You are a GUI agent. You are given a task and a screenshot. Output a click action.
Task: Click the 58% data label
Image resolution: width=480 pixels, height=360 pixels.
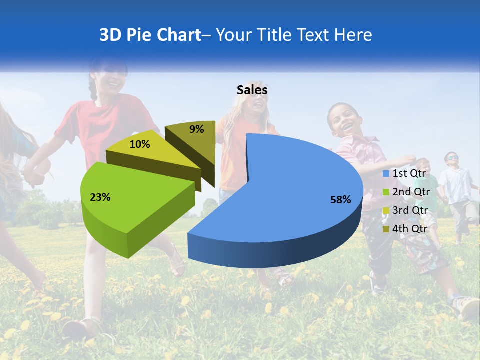click(340, 200)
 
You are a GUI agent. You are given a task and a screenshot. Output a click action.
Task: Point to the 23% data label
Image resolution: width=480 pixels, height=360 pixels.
click(100, 197)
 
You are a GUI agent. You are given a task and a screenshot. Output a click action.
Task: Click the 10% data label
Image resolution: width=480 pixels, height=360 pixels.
click(139, 144)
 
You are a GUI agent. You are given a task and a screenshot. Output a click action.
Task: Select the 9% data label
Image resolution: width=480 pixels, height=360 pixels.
click(197, 129)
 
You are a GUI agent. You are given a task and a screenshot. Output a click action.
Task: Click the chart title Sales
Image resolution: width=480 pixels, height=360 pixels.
click(252, 90)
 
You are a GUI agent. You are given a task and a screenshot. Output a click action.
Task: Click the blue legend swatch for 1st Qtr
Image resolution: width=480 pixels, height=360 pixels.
click(386, 174)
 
